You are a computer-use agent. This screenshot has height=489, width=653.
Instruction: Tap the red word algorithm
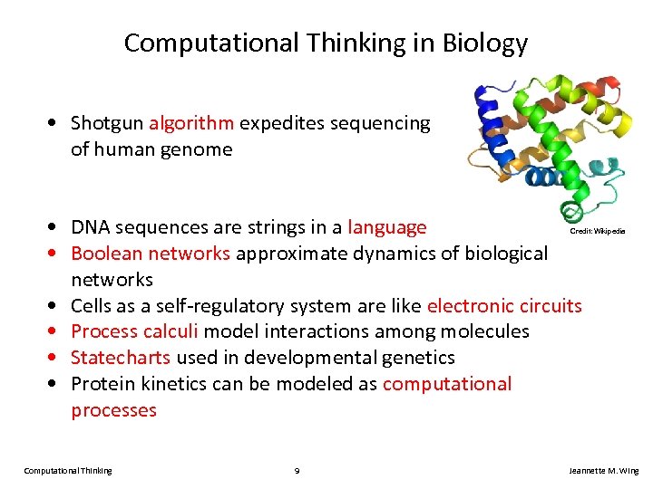[x=191, y=123]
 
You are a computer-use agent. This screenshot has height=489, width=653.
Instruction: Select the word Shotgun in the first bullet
[x=107, y=123]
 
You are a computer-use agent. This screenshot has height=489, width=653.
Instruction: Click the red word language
[x=387, y=227]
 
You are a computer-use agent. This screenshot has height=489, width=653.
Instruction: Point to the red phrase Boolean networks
[x=151, y=253]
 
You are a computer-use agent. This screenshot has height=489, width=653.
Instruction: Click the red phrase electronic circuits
[x=504, y=305]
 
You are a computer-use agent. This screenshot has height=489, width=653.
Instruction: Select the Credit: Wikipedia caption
[x=597, y=232]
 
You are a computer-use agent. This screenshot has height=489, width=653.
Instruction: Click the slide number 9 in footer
[x=297, y=471]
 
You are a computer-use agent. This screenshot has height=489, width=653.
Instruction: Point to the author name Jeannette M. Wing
[x=603, y=471]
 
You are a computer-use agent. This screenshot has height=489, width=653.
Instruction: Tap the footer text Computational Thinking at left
[x=68, y=471]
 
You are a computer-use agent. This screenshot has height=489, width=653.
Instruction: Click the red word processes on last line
[x=113, y=410]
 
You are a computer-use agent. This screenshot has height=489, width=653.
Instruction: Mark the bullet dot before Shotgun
[x=57, y=123]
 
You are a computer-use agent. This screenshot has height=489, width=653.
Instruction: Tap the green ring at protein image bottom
[x=570, y=214]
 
